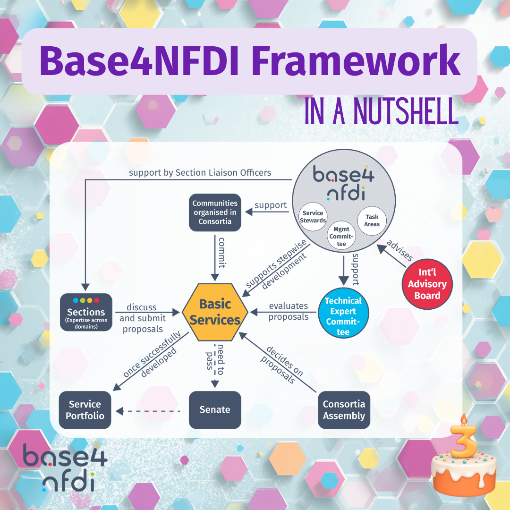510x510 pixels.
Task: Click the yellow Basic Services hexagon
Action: [215, 312]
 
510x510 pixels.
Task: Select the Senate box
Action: [215, 409]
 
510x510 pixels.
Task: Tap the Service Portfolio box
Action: [85, 409]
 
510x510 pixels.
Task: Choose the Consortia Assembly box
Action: [344, 409]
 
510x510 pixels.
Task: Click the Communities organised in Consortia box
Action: [215, 212]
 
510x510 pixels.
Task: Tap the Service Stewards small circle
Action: [314, 217]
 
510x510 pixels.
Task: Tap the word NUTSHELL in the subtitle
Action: [406, 112]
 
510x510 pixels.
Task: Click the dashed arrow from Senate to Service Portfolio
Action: [149, 411]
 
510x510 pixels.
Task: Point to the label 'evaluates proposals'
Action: [289, 311]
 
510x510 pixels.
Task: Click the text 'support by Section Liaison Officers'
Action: [200, 172]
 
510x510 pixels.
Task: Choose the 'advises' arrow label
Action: [399, 250]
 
